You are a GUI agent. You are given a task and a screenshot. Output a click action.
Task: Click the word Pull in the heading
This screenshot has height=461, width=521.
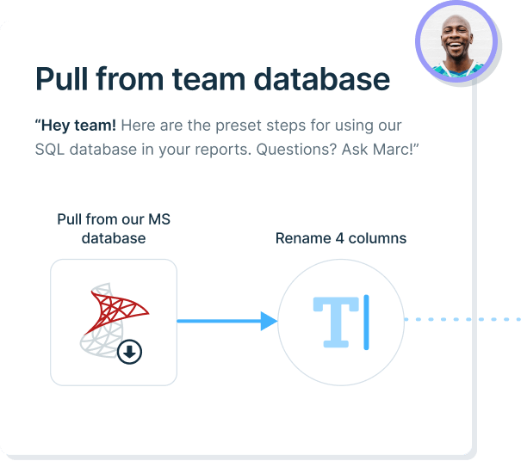(61, 79)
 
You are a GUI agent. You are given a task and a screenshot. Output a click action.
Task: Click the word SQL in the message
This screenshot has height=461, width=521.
(51, 150)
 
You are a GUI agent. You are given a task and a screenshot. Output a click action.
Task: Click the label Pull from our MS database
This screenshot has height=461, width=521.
(114, 228)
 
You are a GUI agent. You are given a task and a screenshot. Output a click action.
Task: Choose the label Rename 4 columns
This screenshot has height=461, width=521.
(341, 238)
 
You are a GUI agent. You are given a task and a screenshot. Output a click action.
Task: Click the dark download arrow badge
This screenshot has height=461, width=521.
(129, 351)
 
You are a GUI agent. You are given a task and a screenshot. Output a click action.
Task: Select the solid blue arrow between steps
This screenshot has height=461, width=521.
(227, 322)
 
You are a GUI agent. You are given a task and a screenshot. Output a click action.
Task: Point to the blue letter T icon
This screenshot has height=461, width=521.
(335, 322)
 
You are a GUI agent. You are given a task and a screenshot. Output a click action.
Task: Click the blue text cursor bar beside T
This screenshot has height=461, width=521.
(366, 322)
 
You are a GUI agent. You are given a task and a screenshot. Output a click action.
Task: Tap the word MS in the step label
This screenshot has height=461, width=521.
(158, 219)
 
